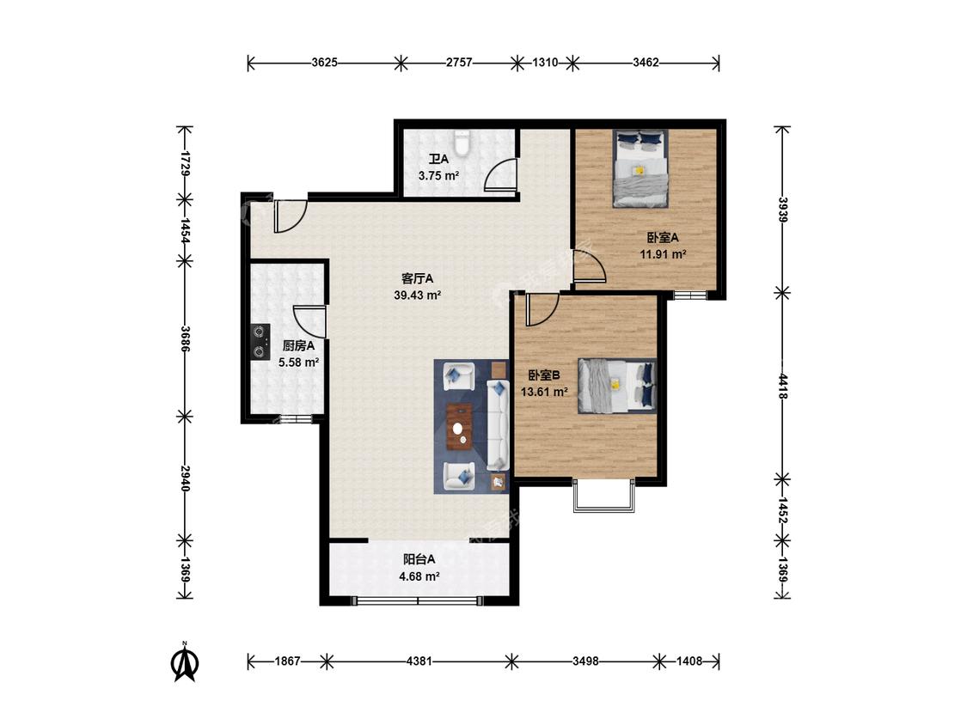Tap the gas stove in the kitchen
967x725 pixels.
pyautogui.click(x=260, y=342)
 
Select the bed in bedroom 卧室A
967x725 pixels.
pyautogui.click(x=641, y=168)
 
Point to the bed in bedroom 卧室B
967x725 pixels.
pyautogui.click(x=616, y=386)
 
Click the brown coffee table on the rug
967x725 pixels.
pyautogui.click(x=459, y=426)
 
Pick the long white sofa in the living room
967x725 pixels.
pyautogui.click(x=498, y=425)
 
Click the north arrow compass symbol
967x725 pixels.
pyautogui.click(x=184, y=661)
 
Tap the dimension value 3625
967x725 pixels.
pyautogui.click(x=324, y=62)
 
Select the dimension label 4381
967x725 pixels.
pyautogui.click(x=419, y=661)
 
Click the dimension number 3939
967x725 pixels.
pyautogui.click(x=782, y=210)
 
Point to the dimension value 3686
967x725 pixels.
pyautogui.click(x=185, y=339)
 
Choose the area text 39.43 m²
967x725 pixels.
pyautogui.click(x=418, y=295)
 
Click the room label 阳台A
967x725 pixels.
pyautogui.click(x=419, y=559)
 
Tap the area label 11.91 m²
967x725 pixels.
pyautogui.click(x=663, y=254)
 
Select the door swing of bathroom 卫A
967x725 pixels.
pyautogui.click(x=499, y=174)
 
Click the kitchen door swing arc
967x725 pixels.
pyautogui.click(x=309, y=320)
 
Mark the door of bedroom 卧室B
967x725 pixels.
pyautogui.click(x=542, y=309)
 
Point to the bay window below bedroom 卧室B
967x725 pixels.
pyautogui.click(x=603, y=495)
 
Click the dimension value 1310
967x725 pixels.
pyautogui.click(x=545, y=62)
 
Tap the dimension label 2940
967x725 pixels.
pyautogui.click(x=185, y=478)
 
